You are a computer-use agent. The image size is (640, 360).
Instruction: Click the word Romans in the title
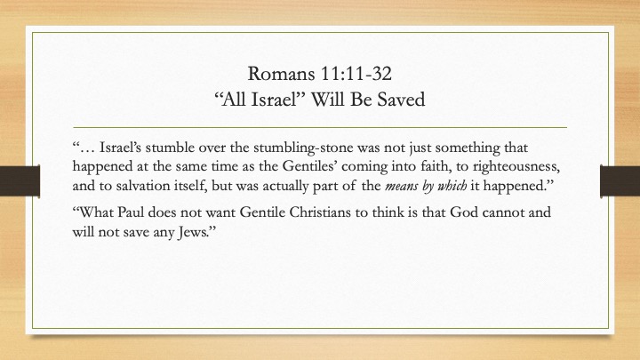coord(282,74)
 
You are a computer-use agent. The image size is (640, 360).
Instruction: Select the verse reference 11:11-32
coord(356,74)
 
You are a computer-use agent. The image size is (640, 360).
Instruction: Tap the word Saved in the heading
coord(401,100)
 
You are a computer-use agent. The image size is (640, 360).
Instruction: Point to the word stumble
coord(170,147)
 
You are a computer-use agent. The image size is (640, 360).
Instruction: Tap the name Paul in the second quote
coord(130,212)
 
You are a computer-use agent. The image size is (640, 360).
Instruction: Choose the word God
coord(464,212)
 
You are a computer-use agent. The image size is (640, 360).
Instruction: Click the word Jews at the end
coord(194,232)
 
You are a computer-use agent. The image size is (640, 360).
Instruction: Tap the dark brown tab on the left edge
coord(20,180)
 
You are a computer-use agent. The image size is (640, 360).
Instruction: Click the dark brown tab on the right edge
coord(620,180)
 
